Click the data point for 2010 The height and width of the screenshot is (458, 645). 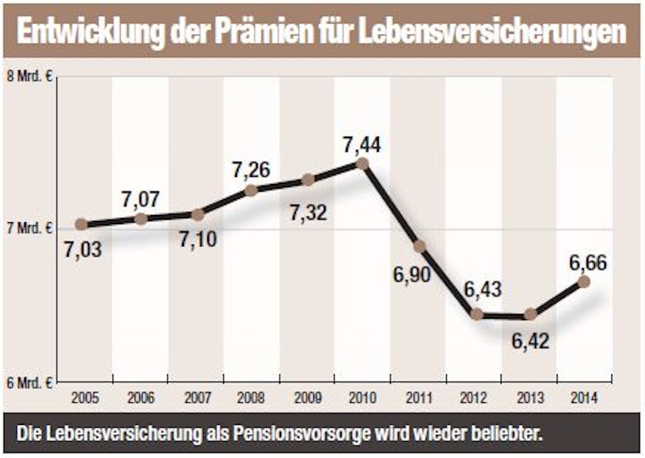click(362, 164)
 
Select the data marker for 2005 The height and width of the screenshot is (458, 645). click(81, 224)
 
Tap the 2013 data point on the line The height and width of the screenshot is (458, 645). click(530, 314)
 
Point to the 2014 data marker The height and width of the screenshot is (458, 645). click(583, 281)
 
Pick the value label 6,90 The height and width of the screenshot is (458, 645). click(411, 274)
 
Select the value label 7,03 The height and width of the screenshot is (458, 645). click(83, 249)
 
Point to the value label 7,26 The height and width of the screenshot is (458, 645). click(251, 170)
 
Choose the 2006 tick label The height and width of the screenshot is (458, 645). click(141, 398)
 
